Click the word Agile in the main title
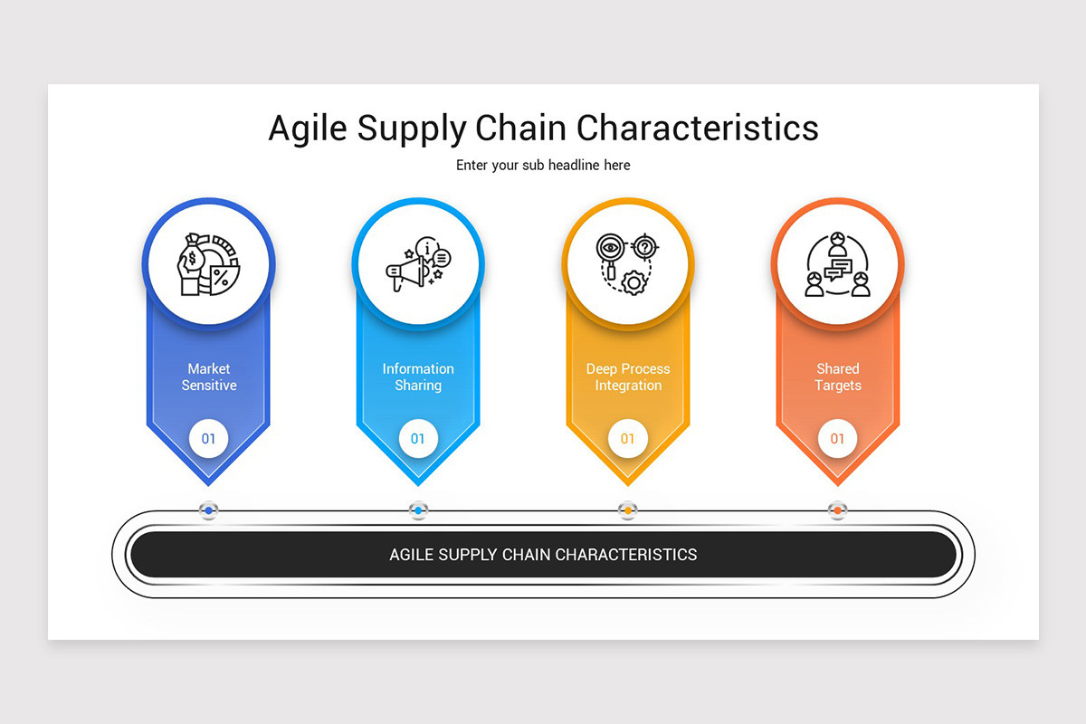click(308, 129)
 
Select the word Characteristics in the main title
click(697, 128)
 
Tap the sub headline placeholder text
click(543, 166)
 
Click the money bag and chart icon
click(208, 263)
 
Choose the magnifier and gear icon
click(627, 263)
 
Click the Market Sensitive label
click(209, 376)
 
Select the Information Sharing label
click(418, 376)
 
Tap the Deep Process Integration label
click(628, 376)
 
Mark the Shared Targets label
click(838, 376)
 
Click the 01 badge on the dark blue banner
click(209, 439)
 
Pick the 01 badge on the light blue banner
click(418, 439)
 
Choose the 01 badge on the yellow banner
click(628, 439)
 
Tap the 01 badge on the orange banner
click(838, 439)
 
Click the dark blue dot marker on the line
click(209, 510)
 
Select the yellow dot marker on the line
click(628, 510)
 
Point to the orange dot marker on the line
click(838, 510)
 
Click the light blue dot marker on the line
click(418, 510)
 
